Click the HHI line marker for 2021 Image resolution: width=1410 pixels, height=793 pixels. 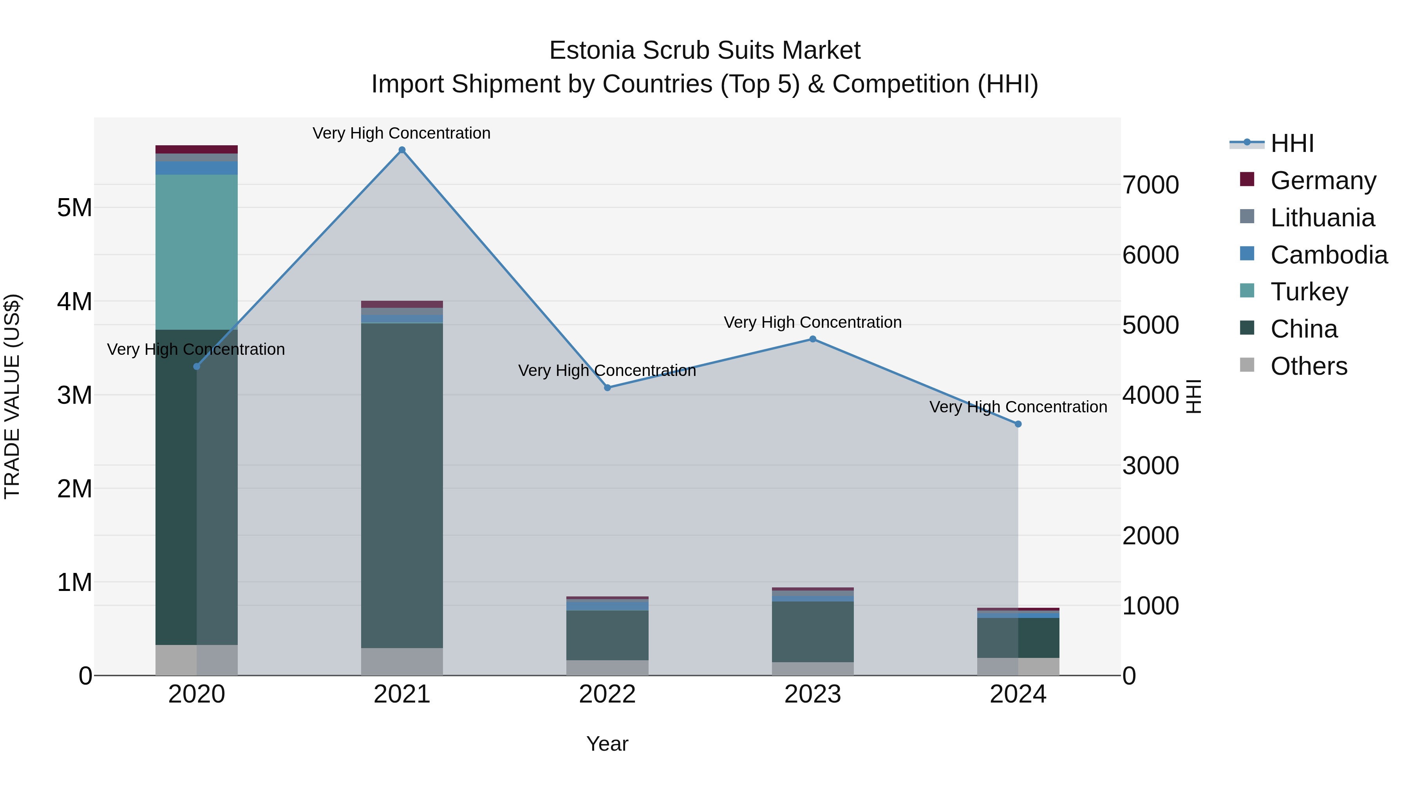(x=402, y=150)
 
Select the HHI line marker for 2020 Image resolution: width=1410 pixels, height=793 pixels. (x=197, y=366)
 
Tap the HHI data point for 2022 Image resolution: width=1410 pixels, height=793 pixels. (x=607, y=387)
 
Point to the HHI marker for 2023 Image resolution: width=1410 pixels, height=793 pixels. (x=813, y=339)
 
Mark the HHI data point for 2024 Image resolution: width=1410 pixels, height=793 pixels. (x=1018, y=424)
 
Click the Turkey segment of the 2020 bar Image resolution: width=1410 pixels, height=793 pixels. (x=197, y=252)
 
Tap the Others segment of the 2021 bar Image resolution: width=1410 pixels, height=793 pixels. (x=402, y=662)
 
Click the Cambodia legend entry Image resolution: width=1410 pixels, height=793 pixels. (x=1329, y=255)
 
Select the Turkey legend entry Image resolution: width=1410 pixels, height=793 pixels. (x=1309, y=292)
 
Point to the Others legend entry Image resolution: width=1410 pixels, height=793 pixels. (x=1308, y=366)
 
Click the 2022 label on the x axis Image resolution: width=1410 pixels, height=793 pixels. (x=607, y=694)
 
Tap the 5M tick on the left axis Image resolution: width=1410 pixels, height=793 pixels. (x=74, y=208)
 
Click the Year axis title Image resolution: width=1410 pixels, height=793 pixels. (x=607, y=744)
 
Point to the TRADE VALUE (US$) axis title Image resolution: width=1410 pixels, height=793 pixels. (x=12, y=396)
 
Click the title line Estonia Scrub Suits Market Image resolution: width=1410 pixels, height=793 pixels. (x=705, y=51)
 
